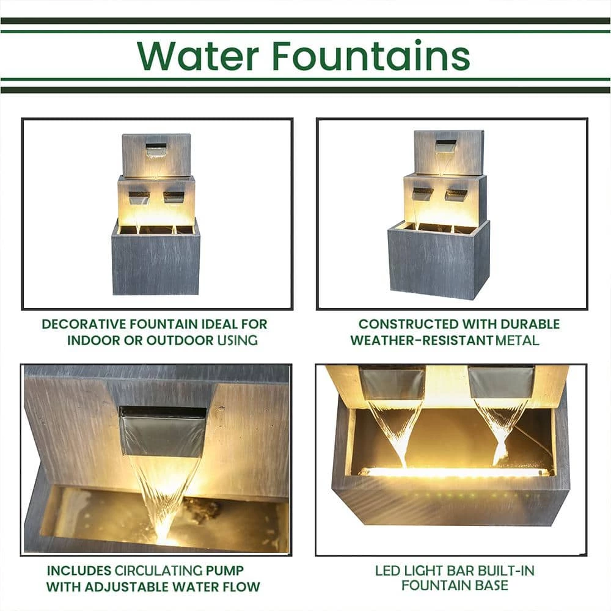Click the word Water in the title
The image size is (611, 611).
(x=198, y=56)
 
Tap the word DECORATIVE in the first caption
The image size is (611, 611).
(x=84, y=324)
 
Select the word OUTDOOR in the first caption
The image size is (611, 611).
(x=180, y=340)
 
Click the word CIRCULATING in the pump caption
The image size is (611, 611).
(x=158, y=571)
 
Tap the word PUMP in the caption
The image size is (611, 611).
(x=224, y=571)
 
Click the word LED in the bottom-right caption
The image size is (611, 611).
(x=388, y=571)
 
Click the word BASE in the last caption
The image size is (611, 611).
(x=491, y=585)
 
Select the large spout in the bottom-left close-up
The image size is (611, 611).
(x=162, y=431)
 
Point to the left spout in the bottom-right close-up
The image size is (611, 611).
(x=392, y=384)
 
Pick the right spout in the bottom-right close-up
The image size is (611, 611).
(x=501, y=382)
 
